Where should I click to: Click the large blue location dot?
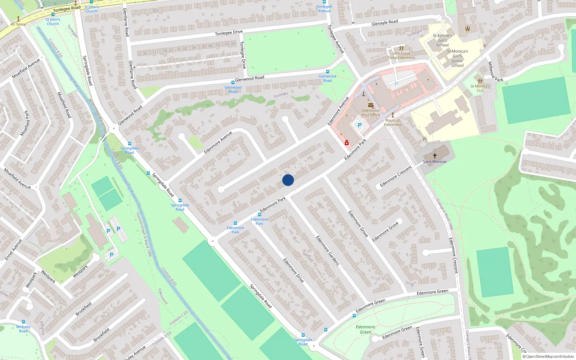point(288,180)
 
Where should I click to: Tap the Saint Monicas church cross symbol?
point(435,156)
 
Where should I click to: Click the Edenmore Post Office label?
point(371,113)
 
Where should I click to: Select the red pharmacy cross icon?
point(347,143)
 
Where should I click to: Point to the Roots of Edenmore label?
point(392,122)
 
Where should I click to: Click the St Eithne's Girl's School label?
point(442,40)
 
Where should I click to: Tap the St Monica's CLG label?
point(480,88)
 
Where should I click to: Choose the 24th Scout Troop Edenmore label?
point(401,55)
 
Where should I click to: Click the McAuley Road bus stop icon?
point(23,322)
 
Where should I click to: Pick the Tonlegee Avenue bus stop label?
point(324,9)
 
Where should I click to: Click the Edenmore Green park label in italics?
point(365,329)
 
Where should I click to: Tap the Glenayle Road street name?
point(384,23)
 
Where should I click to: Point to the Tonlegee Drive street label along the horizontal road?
point(229,32)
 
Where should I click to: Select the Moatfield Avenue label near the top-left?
point(26,68)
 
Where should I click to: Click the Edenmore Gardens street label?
point(328,251)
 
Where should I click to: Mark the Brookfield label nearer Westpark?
point(84,309)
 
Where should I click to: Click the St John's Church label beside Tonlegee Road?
point(91,9)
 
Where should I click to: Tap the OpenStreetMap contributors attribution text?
point(548,356)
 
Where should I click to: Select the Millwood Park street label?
point(495,72)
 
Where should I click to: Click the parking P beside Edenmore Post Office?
point(359,125)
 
